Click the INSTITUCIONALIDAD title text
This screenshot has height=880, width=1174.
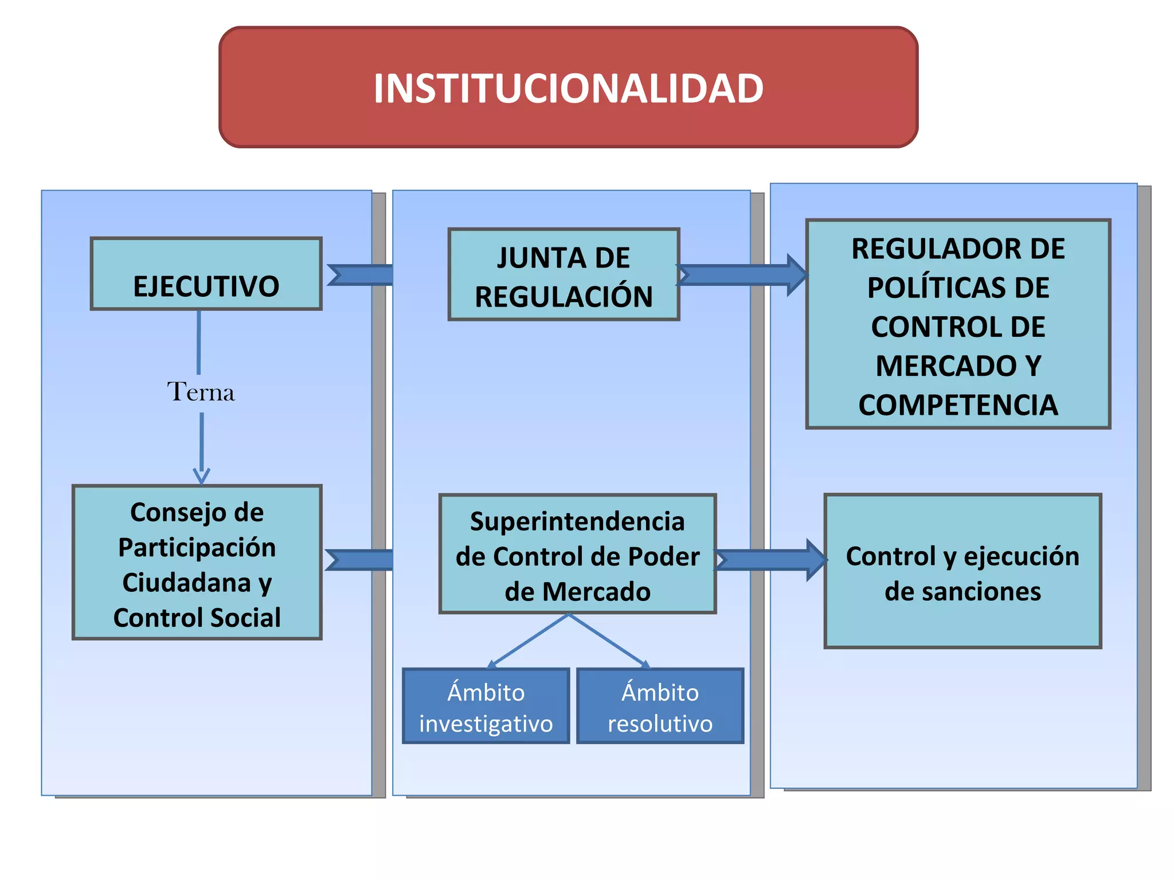click(568, 89)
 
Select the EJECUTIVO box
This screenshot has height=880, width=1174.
click(206, 274)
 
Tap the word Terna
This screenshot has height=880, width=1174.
click(201, 392)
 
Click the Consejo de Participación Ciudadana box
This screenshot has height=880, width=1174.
click(197, 562)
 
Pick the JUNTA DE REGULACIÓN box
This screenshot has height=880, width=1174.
click(563, 274)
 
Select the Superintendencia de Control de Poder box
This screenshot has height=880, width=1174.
click(577, 554)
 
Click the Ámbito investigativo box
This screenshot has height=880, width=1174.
click(486, 706)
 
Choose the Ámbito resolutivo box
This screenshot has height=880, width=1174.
click(660, 706)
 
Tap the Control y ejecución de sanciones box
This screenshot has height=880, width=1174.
click(962, 571)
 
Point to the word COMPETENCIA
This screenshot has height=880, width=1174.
click(958, 405)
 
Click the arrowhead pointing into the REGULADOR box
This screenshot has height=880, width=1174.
click(797, 275)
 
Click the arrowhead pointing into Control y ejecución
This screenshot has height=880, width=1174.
click(816, 560)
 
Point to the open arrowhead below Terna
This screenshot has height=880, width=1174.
click(201, 476)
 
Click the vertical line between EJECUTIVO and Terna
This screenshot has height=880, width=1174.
click(199, 342)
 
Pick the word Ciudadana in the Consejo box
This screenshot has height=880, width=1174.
click(187, 583)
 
